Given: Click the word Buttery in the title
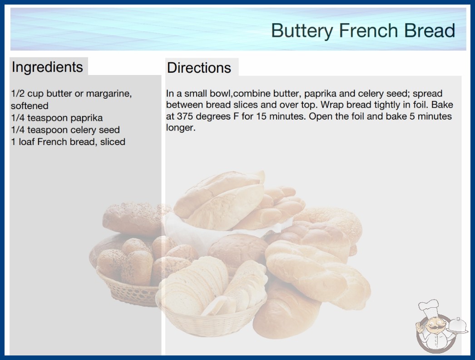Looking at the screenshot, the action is [x=302, y=31].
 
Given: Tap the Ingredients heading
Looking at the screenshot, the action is [x=47, y=67].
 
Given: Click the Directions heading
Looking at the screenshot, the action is [x=199, y=68].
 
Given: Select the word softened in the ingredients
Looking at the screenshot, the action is [x=30, y=105].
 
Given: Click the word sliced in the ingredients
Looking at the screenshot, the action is [x=113, y=142].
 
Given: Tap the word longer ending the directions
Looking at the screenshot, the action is [x=181, y=128].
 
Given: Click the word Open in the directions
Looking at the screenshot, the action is [x=319, y=116].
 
